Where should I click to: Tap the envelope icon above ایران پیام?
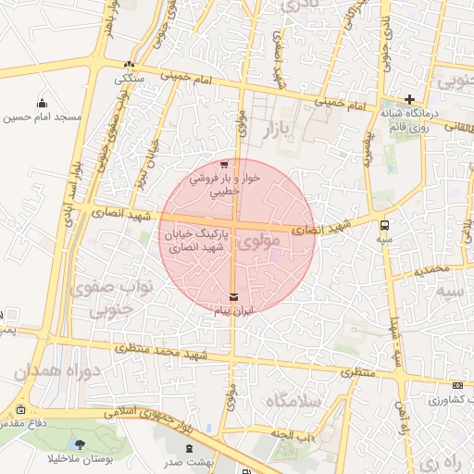232,297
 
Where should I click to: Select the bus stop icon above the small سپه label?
384,223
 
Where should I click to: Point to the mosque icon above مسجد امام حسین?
42,104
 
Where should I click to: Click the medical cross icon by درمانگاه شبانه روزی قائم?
409,99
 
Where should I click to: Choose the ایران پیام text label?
232,311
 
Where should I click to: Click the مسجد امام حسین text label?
43,118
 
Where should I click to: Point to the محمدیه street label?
431,270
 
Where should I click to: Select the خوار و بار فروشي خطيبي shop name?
225,184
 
